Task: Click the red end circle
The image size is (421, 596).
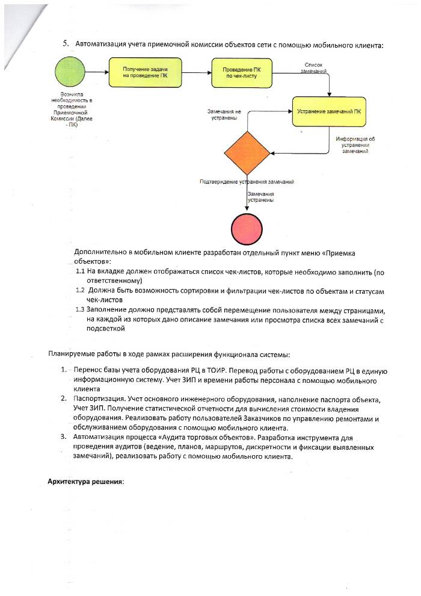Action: pos(247,229)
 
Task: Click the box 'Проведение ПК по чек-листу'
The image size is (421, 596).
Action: pos(241,73)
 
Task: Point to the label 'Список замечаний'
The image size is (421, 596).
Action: pos(315,67)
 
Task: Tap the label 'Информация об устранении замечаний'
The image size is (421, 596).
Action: pos(355,144)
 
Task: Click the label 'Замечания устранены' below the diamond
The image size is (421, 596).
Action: pos(261,197)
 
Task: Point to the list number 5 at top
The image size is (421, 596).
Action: pos(66,45)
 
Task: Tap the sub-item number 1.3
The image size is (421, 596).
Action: pos(82,309)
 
